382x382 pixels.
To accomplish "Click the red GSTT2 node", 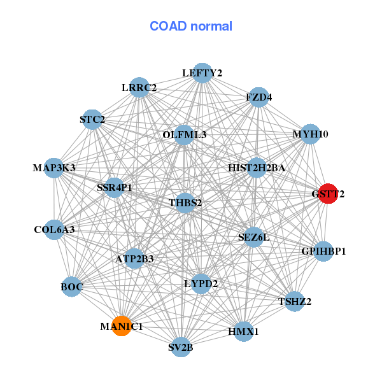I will coord(327,194).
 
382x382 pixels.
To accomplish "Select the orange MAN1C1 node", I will coord(121,325).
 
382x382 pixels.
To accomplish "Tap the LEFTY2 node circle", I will coord(202,73).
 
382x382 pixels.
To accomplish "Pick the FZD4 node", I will coord(258,97).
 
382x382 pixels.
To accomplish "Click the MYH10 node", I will coord(310,134).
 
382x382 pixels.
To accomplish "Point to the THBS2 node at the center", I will coord(185,203).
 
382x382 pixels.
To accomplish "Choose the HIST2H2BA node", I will coord(257,168).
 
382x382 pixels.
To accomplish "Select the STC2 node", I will coord(92,119).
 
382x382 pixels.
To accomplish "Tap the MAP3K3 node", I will coord(54,168).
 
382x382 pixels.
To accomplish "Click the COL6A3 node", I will coord(54,229).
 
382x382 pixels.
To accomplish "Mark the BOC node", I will coord(72,287).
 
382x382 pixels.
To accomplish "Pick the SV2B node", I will coord(181,347).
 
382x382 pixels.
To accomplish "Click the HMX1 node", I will coord(243,331).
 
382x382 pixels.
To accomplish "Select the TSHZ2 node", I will coord(294,301).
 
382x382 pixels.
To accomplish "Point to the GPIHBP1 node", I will coord(323,251).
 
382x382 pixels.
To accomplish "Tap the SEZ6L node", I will coord(253,237).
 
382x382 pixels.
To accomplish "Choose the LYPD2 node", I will coord(201,283).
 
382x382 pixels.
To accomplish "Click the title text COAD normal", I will coord(191,26).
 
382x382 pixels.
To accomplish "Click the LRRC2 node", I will coord(139,87).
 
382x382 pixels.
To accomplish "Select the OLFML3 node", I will coord(184,134).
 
